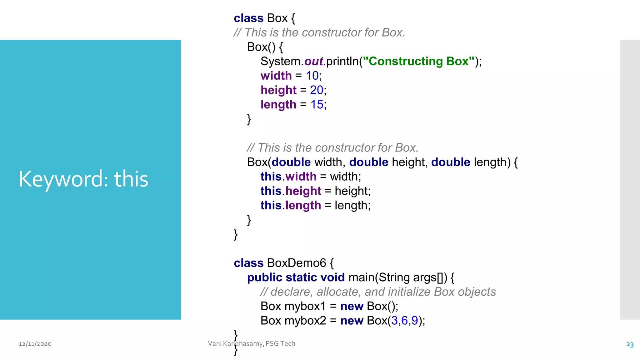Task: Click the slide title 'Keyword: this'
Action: coord(83,179)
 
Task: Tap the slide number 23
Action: coord(630,344)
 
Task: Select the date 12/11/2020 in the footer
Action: coord(35,344)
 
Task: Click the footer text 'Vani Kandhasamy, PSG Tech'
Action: coord(252,343)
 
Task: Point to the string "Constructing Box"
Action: coord(418,61)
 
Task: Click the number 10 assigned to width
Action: coord(312,76)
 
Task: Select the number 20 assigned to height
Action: coord(316,90)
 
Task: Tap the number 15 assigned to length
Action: coord(317,104)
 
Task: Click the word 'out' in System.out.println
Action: coord(313,61)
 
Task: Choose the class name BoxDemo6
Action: coord(297,263)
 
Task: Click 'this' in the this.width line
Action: coord(271,177)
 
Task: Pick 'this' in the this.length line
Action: coord(271,205)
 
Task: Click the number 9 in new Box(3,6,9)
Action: coord(414,321)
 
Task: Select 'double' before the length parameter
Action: coord(451,162)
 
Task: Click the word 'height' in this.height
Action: coord(303,191)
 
